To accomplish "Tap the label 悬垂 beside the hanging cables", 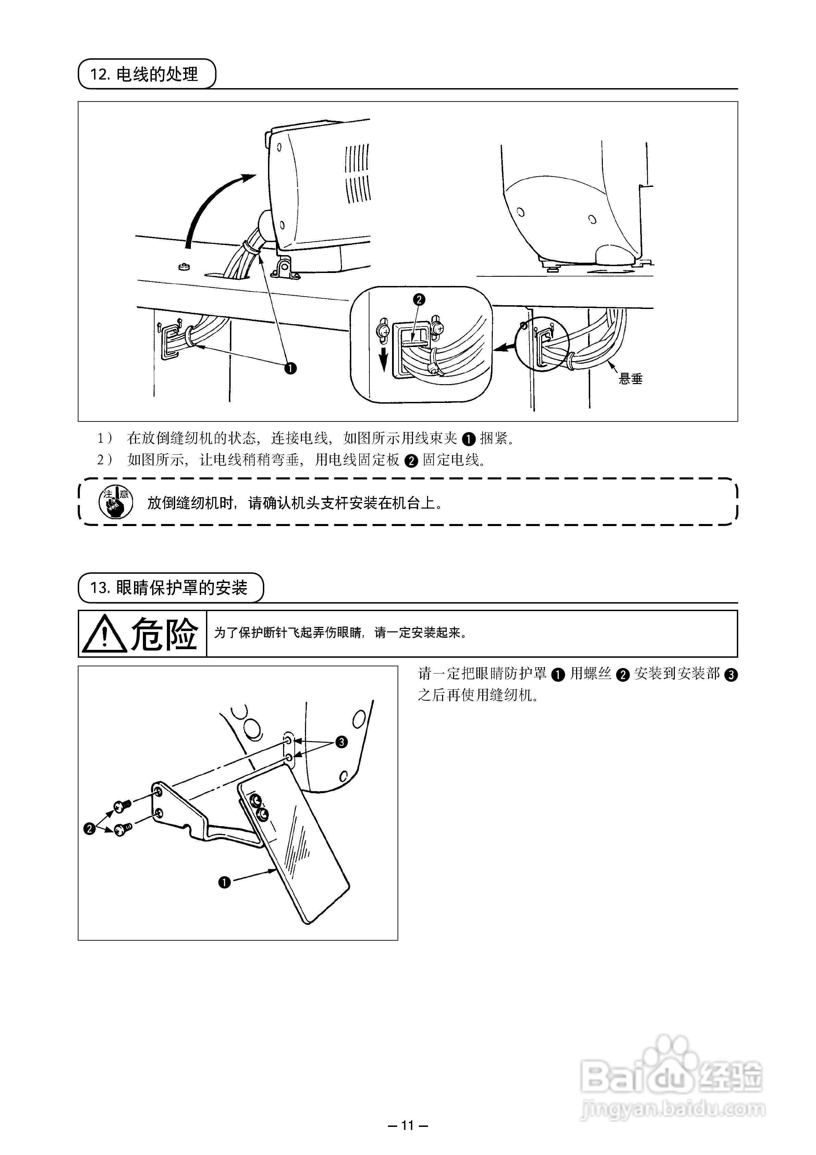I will click(631, 379).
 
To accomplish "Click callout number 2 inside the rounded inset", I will click(419, 300).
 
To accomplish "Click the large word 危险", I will click(164, 634).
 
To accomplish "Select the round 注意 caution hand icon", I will click(116, 502).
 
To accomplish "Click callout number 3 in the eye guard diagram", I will click(341, 742).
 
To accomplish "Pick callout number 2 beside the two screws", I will click(89, 829).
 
